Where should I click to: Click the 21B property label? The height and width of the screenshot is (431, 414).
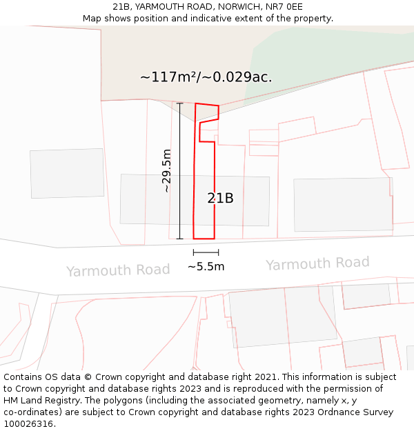pos(220,198)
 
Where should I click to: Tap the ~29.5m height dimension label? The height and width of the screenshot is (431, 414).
pos(166,170)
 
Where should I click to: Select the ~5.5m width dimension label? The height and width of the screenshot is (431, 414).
pos(206,266)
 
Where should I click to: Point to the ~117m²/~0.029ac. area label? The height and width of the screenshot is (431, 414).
pos(206,77)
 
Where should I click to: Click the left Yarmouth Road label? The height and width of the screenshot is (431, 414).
pos(118,270)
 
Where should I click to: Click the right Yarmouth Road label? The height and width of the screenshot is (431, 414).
pos(317,263)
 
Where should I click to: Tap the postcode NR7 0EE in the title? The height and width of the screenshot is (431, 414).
pos(284,7)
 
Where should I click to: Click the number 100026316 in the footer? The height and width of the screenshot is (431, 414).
pos(29,423)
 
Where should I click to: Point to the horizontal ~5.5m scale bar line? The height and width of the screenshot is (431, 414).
pos(206,253)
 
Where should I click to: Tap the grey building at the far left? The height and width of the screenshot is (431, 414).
pos(67,173)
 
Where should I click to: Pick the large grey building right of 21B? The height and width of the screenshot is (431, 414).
pos(342,205)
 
